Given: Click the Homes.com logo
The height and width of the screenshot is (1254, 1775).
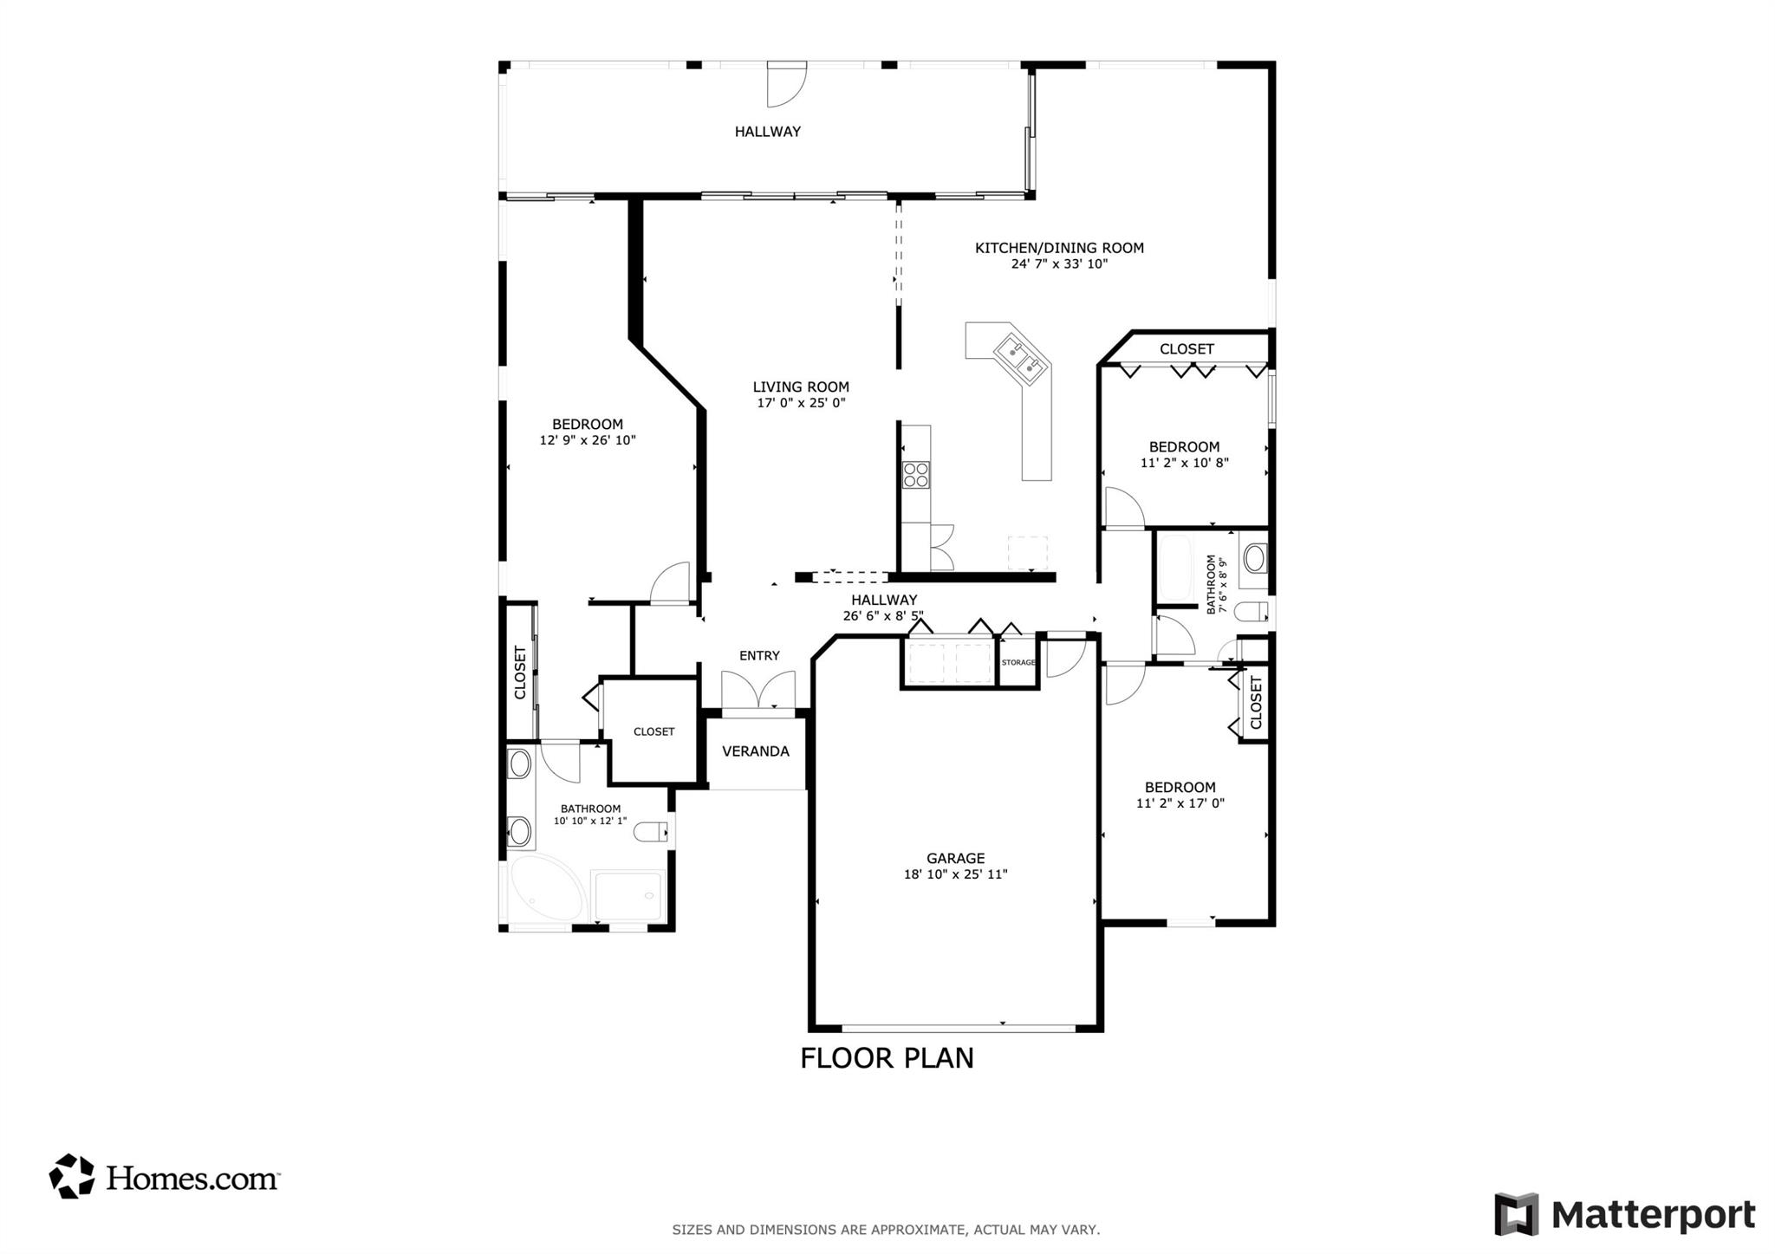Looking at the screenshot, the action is pos(164,1177).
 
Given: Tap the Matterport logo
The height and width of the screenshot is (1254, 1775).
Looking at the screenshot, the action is pos(1625,1214).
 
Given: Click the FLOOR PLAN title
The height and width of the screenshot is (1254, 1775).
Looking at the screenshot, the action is pos(887,1058).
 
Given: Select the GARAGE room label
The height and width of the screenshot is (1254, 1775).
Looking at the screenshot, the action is pos(956,859).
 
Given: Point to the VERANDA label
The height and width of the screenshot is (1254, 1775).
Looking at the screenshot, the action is pos(756,751).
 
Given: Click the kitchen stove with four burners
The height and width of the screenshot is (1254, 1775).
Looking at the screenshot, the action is pos(916,475).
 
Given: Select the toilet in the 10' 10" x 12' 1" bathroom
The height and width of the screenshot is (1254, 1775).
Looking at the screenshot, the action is pos(651,832).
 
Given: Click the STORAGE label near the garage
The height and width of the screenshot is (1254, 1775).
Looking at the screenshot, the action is pos(1018,662).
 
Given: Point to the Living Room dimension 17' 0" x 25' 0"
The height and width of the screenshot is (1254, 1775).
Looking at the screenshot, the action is pos(801,403).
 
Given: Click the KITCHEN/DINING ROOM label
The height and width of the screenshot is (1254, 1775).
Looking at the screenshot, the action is pos(1059,248).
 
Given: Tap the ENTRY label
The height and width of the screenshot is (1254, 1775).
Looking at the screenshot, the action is pos(759,656).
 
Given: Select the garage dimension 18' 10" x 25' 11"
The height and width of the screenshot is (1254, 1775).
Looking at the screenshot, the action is pos(956,874).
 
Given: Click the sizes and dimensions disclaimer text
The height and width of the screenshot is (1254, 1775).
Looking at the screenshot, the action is pos(886,1229).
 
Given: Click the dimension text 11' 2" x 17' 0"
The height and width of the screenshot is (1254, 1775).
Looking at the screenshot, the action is pos(1180,803).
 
